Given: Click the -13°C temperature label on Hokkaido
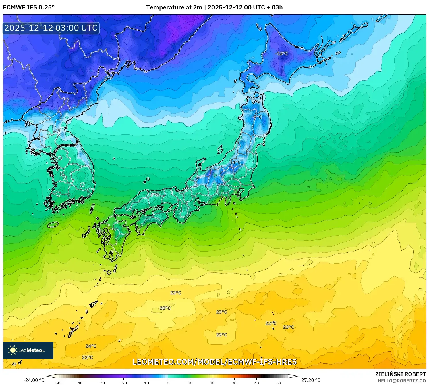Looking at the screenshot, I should (x=281, y=54).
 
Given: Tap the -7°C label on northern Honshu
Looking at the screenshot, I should (x=257, y=117).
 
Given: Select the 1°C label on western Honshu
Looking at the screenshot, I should (x=154, y=195).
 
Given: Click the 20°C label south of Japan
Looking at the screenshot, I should (x=165, y=308).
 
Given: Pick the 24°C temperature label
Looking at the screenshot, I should (x=91, y=346).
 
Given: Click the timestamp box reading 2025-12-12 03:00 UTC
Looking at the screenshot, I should (x=51, y=28).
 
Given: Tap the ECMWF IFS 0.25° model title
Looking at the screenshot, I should (x=29, y=7).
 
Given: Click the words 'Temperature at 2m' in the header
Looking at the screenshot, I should (x=174, y=7).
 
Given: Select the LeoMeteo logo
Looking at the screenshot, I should (x=28, y=350).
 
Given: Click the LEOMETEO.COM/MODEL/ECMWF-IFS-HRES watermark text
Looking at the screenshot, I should (x=214, y=362).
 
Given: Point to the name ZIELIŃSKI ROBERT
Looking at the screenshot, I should (x=401, y=374).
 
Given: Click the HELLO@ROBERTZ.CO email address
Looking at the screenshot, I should (x=402, y=381).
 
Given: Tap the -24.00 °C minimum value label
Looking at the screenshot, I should (x=34, y=380).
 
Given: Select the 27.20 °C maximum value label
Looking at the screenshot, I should (x=311, y=380).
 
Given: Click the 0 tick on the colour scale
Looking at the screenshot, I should (x=168, y=383).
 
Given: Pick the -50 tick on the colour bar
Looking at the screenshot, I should (x=57, y=383).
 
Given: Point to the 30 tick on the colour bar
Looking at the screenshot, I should (x=234, y=383).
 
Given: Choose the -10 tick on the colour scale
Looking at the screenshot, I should (x=146, y=383).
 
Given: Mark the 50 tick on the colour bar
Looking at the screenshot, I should (x=279, y=383).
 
